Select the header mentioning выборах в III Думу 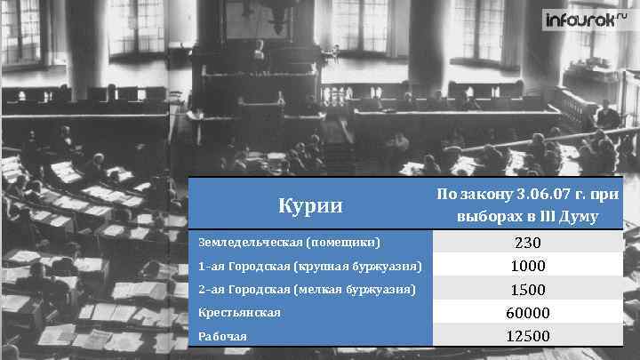[527, 216]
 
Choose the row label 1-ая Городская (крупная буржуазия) [310, 266]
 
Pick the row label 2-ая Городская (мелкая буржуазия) [308, 289]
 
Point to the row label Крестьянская [240, 313]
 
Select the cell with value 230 [527, 243]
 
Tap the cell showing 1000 [527, 266]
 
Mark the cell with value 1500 [527, 290]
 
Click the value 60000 [527, 313]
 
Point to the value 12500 [527, 336]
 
